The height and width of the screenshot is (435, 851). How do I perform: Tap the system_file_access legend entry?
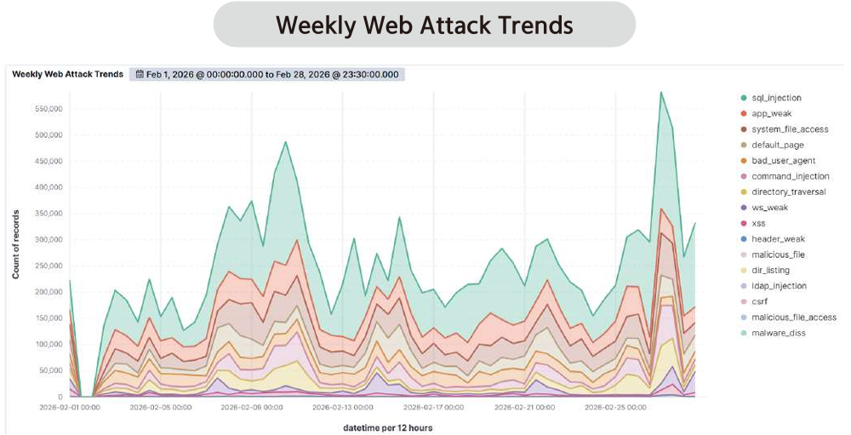click(x=789, y=129)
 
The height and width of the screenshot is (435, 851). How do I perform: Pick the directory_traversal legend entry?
click(x=788, y=192)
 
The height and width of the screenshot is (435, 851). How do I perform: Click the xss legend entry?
click(x=758, y=223)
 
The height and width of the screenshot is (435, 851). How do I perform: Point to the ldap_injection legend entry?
click(x=779, y=286)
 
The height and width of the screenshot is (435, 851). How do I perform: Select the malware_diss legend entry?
click(x=778, y=333)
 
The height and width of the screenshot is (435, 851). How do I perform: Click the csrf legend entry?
click(x=760, y=301)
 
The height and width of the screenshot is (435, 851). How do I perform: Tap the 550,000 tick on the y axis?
click(x=48, y=109)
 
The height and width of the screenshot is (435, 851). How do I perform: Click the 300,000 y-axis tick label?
click(x=48, y=239)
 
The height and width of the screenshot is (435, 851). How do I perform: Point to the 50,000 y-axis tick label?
click(x=50, y=370)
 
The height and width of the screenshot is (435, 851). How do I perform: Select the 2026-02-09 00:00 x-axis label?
click(x=252, y=408)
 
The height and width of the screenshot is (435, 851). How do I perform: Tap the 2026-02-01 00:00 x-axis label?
click(x=70, y=408)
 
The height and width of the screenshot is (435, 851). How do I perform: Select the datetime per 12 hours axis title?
click(x=387, y=427)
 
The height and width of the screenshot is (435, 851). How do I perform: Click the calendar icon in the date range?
click(x=140, y=75)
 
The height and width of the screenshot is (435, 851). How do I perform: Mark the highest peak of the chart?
click(x=660, y=92)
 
